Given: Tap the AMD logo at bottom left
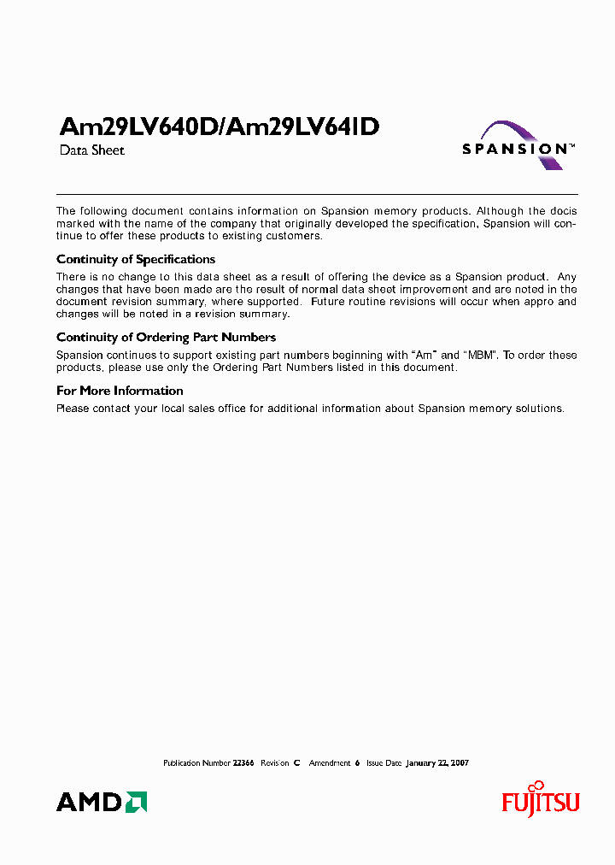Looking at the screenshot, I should (102, 802).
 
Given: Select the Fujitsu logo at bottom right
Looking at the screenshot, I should (540, 801).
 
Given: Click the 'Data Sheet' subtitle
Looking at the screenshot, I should (91, 150).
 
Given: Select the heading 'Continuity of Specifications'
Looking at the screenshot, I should (136, 259).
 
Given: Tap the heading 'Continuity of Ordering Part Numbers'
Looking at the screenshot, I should (166, 338).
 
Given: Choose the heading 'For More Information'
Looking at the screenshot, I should (120, 391).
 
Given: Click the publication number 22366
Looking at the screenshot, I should (243, 762).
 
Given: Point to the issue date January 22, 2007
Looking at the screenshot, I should (437, 762).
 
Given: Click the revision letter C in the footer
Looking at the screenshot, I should (296, 762).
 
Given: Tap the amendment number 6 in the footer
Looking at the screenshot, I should (357, 762).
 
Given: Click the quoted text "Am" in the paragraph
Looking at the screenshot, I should (425, 356).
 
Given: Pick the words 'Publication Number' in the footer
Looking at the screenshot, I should (196, 762).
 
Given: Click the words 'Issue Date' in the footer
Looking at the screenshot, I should (384, 762).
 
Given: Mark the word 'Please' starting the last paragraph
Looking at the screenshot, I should (73, 409).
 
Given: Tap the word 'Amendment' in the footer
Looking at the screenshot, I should (330, 762).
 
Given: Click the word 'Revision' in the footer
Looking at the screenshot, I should (274, 762).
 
